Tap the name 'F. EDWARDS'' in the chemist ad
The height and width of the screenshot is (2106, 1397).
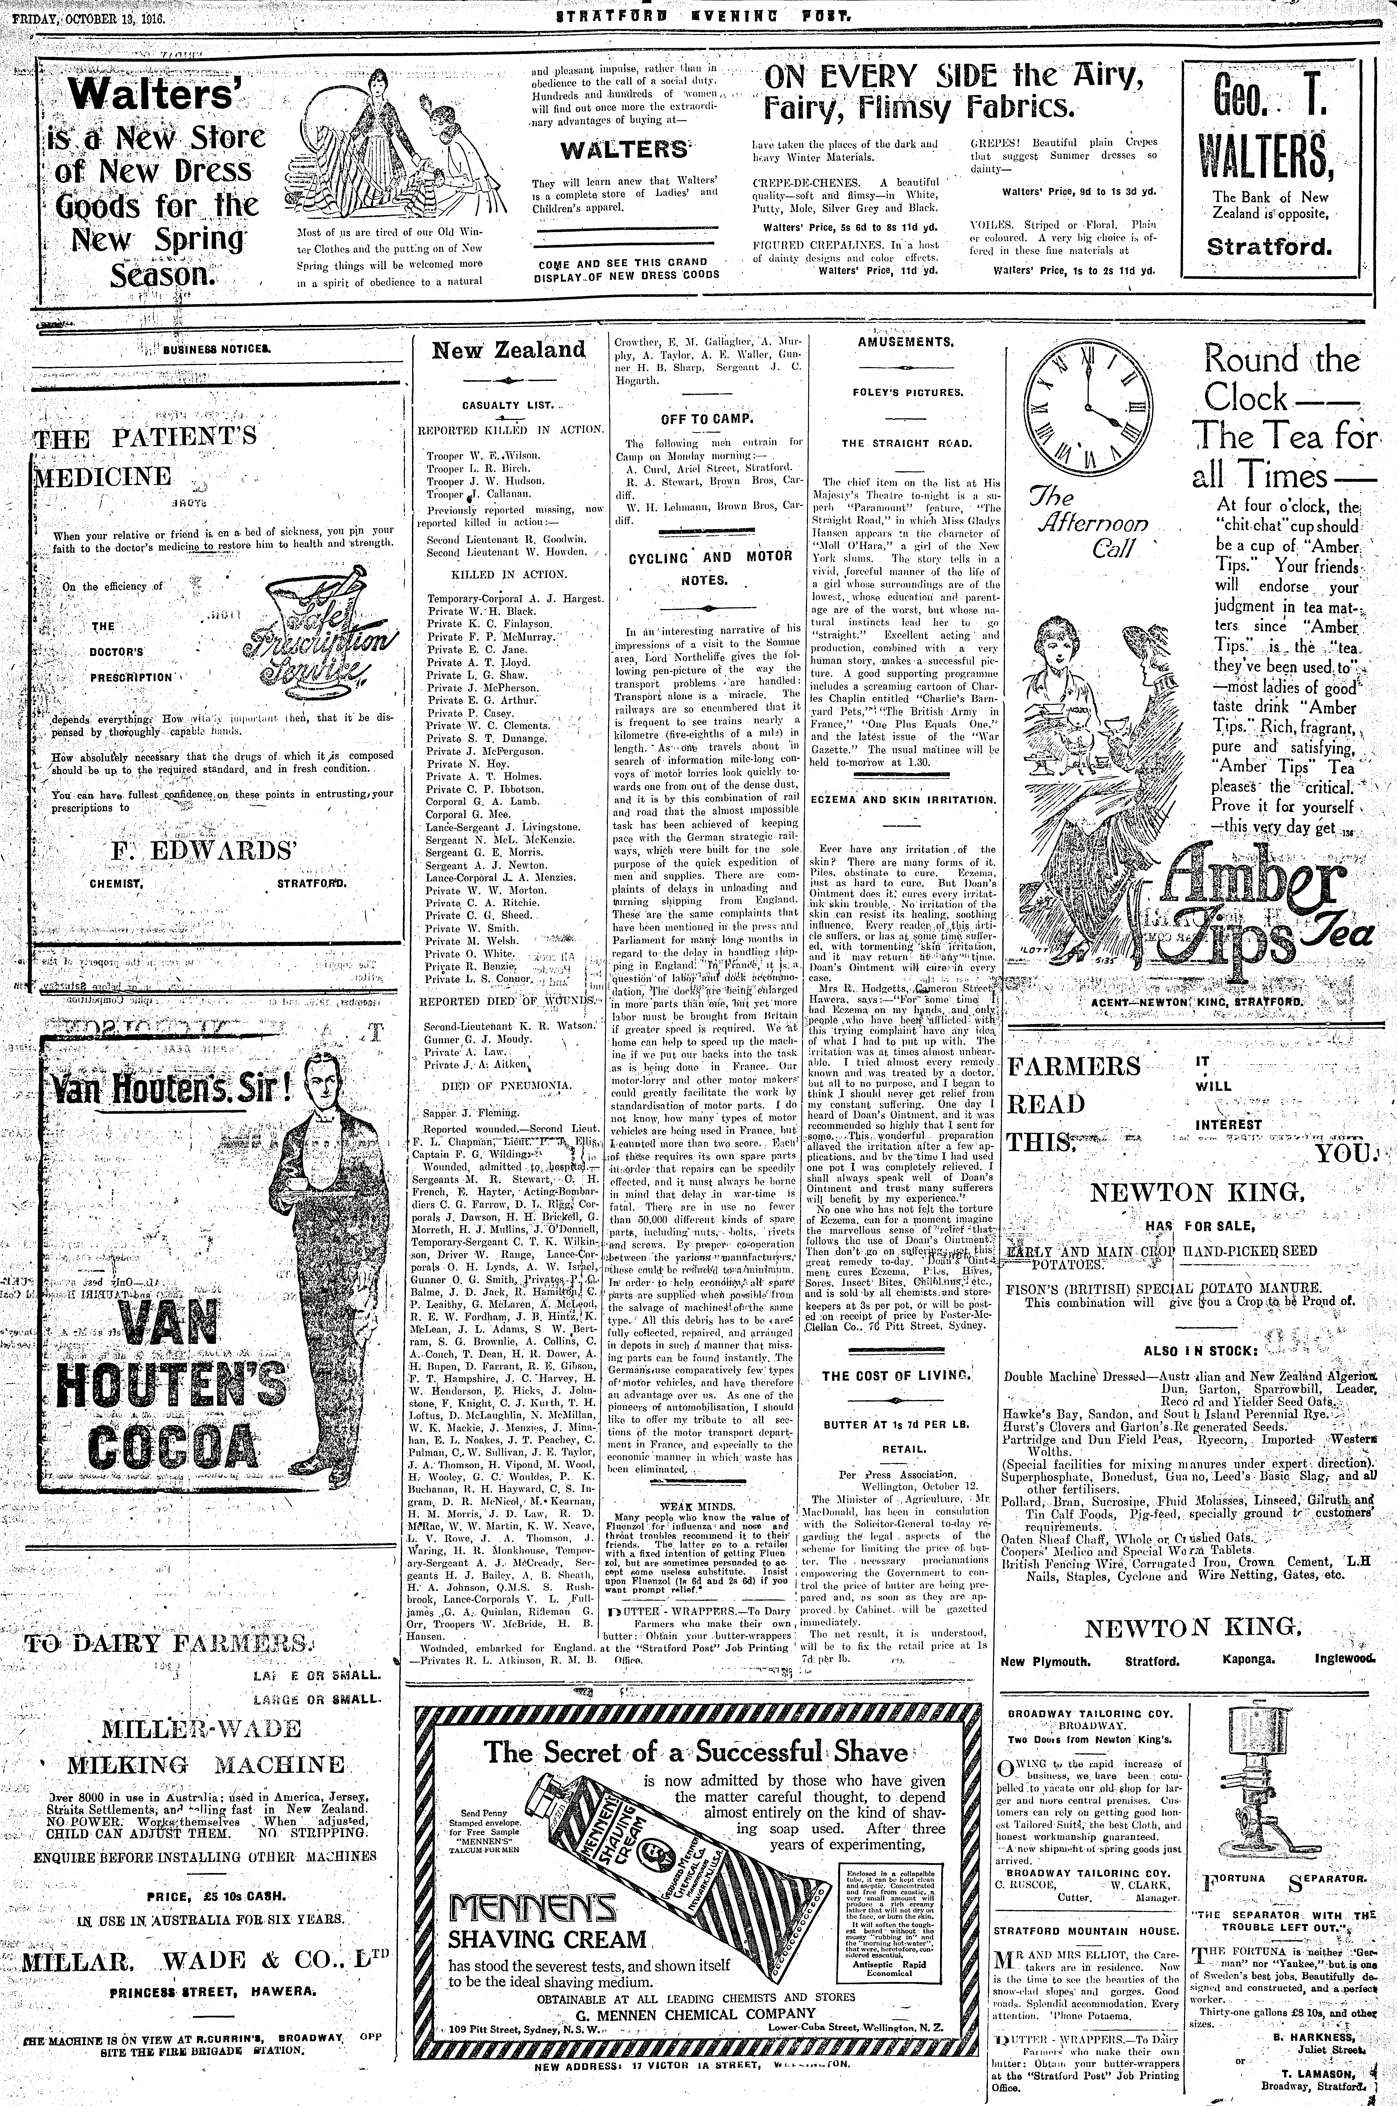click(x=203, y=850)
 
